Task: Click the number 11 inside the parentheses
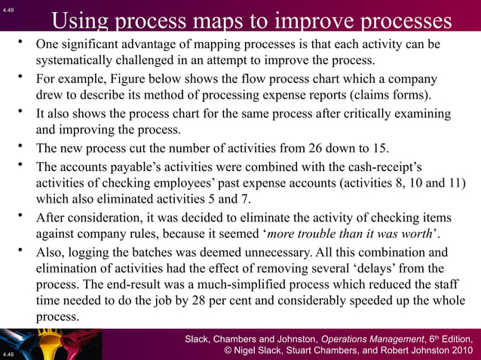[446, 184]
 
